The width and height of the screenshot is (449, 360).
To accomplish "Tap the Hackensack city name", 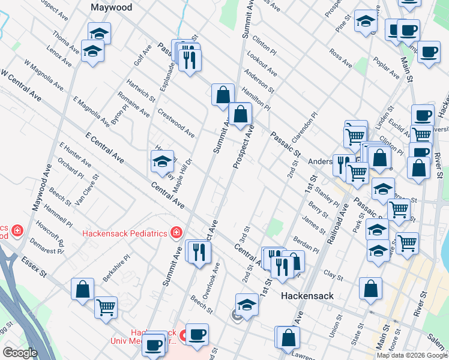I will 307,296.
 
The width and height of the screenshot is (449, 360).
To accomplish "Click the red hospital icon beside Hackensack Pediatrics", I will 176,232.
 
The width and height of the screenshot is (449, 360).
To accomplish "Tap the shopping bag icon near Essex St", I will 82,289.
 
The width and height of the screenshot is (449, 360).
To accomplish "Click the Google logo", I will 20,353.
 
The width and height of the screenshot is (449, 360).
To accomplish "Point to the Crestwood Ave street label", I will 176,122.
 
